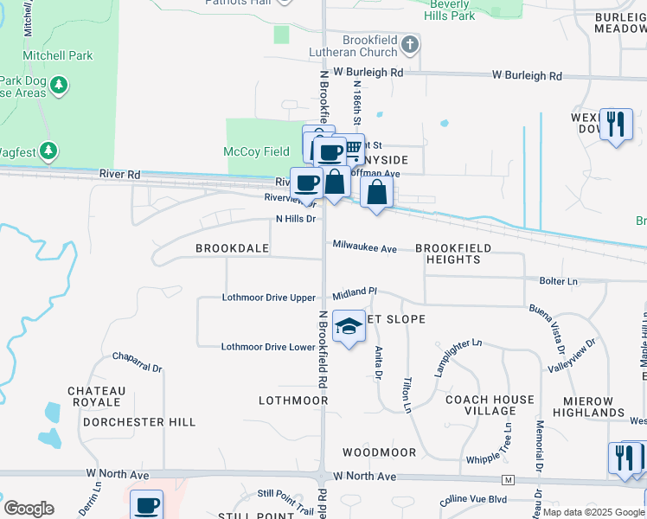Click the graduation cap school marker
point(349,327)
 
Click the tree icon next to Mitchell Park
point(59,85)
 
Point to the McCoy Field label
point(256,152)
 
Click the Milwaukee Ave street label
point(364,248)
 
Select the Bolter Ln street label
point(559,281)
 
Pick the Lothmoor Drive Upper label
point(269,298)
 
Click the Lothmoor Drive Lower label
point(268,347)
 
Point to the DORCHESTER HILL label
point(139,422)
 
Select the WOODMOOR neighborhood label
point(379,452)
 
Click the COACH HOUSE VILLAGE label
point(490,407)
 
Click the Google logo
point(29,509)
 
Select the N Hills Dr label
point(296,220)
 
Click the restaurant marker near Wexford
point(615,124)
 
